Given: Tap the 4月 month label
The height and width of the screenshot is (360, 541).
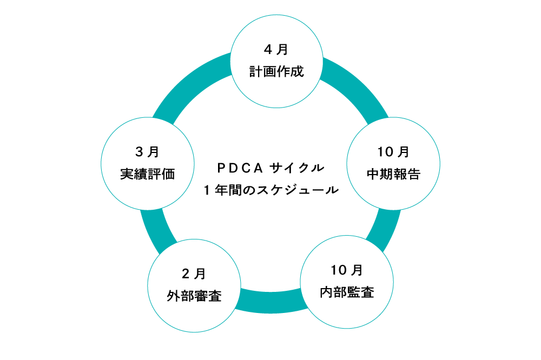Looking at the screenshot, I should click(276, 50).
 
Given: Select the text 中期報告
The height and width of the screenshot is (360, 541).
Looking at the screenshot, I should click(393, 174).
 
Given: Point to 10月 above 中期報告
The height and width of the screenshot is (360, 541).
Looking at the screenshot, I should click(393, 152).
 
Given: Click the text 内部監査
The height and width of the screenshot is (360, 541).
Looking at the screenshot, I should click(347, 292).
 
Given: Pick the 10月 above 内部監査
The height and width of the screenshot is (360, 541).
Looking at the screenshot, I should click(347, 270).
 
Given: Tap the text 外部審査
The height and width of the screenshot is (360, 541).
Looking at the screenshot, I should click(194, 296).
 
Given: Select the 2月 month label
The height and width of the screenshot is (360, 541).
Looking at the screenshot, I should click(194, 274).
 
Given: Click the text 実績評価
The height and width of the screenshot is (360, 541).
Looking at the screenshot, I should click(148, 175).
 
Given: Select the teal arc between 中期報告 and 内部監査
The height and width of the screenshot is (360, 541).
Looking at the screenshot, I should click(386, 224).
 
